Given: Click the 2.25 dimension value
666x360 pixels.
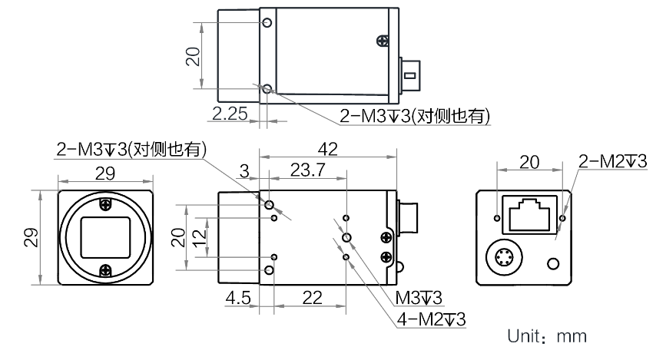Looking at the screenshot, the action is click(x=230, y=114).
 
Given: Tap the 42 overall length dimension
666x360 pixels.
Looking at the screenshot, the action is click(x=327, y=149).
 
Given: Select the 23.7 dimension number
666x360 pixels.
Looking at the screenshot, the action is click(x=308, y=170).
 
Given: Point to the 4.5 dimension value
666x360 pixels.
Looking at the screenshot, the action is click(x=238, y=298).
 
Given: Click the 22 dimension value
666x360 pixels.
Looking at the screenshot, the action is click(x=312, y=298).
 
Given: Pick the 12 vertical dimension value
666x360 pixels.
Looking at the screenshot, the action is click(x=199, y=238).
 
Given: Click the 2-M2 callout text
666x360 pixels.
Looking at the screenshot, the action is click(x=612, y=161).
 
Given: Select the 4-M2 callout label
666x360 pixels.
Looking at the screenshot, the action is click(x=432, y=319).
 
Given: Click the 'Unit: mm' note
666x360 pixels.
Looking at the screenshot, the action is click(x=547, y=336).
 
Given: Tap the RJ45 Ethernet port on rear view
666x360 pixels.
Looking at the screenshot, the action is click(x=529, y=214).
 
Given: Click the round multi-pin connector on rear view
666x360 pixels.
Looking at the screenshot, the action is click(x=504, y=258).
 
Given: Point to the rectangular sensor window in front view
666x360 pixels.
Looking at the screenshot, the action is click(x=105, y=237).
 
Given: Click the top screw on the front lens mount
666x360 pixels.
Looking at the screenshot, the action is click(x=106, y=204).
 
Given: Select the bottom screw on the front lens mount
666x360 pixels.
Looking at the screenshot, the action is click(x=106, y=270).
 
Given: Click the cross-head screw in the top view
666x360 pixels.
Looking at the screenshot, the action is click(x=383, y=41).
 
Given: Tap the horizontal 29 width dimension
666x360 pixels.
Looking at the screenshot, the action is click(x=105, y=173).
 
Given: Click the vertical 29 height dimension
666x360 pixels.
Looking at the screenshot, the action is click(x=31, y=238).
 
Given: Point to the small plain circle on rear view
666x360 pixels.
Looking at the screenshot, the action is click(x=553, y=264).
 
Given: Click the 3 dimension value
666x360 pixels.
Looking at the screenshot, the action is click(x=244, y=171).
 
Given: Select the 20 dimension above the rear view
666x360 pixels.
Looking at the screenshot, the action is click(x=530, y=162).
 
